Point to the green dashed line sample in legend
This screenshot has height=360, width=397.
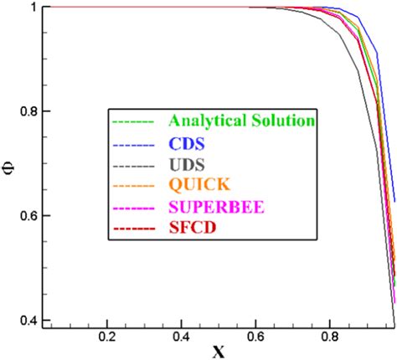coord(133,121)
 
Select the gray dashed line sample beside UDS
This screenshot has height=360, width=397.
coord(133,163)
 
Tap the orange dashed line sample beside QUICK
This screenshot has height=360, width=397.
coord(133,184)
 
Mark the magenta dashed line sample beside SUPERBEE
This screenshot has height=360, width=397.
coord(133,205)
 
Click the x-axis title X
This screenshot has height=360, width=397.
coord(219,351)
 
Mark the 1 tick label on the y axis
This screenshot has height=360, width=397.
coord(34,8)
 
